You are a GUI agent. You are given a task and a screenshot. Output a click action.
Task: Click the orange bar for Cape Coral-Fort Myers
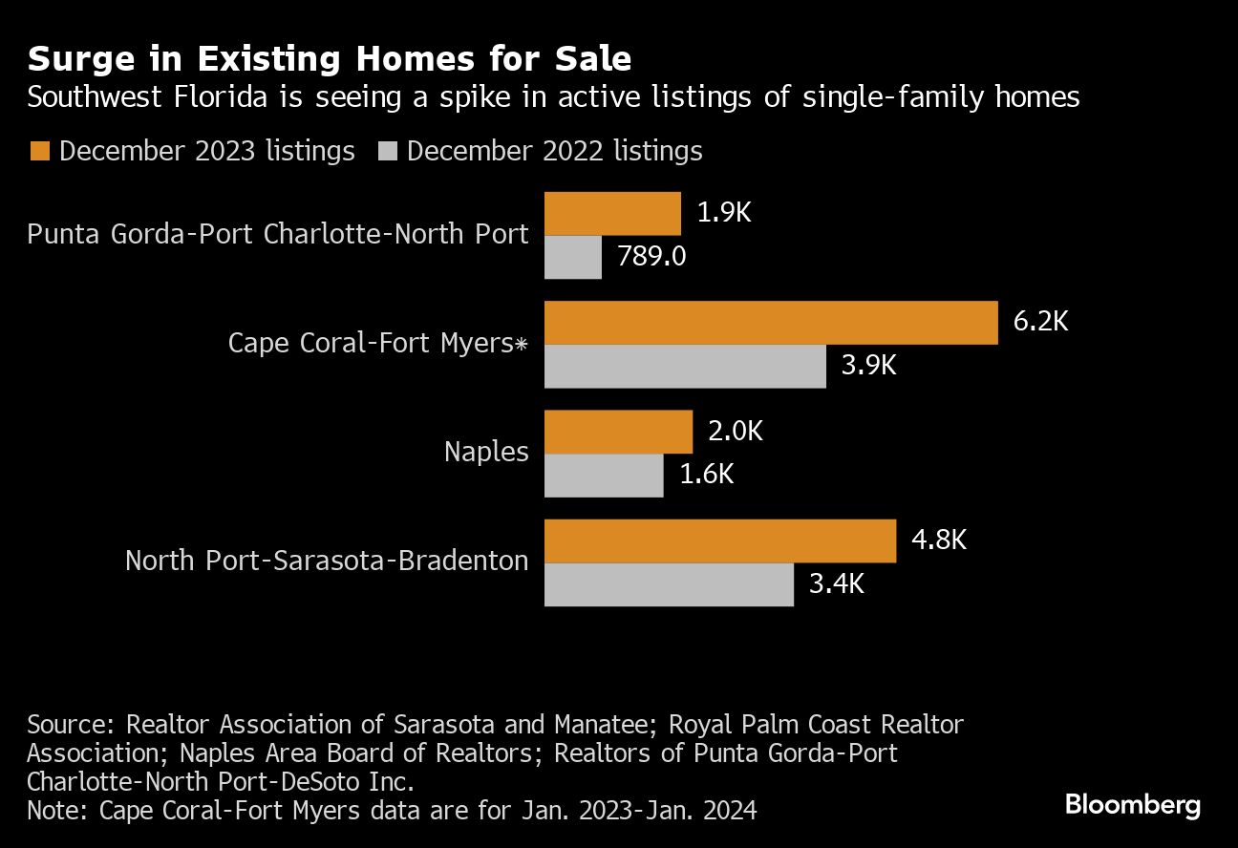click(771, 323)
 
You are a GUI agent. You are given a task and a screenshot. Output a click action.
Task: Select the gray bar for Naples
click(604, 476)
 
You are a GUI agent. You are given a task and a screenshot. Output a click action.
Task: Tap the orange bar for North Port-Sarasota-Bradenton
click(720, 541)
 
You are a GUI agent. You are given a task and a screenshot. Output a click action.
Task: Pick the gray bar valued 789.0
click(573, 258)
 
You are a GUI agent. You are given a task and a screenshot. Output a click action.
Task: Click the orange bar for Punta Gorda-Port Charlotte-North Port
click(612, 214)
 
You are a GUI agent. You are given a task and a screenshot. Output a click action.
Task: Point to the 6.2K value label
click(1040, 321)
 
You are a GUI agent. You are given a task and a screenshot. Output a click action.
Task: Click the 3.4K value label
click(836, 583)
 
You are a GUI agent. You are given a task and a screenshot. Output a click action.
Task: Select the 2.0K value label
click(736, 432)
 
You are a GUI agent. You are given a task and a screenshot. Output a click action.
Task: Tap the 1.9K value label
click(724, 213)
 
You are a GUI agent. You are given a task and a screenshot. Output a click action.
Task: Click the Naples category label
click(486, 452)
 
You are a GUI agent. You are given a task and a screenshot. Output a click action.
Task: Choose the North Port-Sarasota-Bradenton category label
click(327, 561)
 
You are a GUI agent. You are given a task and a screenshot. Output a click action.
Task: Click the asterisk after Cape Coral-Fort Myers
click(522, 344)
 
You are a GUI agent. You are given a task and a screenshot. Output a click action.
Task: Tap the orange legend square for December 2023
click(40, 151)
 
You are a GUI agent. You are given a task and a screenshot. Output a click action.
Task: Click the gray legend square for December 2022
click(388, 151)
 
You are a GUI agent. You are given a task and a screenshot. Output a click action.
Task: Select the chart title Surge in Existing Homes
click(330, 59)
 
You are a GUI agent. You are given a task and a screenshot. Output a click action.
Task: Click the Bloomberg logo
click(1133, 805)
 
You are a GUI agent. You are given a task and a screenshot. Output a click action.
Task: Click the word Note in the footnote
click(53, 811)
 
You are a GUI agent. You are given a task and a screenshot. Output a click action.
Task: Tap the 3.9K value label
click(868, 366)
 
